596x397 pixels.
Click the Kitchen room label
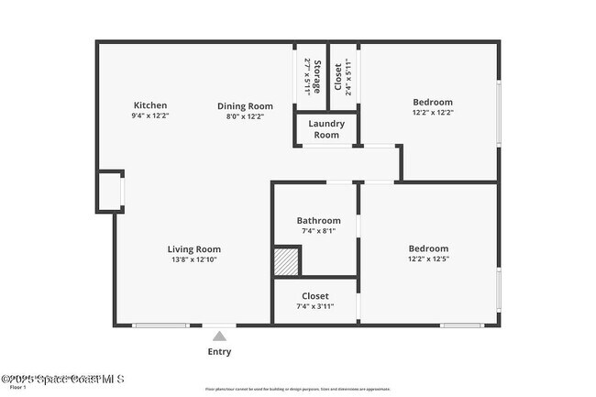coord(150,105)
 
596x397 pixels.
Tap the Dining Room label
coord(245,105)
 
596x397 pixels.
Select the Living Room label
coord(193,248)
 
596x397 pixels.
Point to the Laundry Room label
coord(326,128)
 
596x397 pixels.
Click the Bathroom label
coord(318,220)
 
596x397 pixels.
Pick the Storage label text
coord(317,77)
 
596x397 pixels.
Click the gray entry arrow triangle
coord(219,336)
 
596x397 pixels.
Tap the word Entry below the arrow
coord(219,352)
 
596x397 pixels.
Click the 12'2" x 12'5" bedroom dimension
coord(428,259)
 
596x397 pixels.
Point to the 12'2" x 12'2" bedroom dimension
coord(433,113)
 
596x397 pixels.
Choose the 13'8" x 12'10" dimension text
coord(193,259)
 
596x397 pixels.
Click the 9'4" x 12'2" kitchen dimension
coord(150,116)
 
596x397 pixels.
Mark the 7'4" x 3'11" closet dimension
coord(315,306)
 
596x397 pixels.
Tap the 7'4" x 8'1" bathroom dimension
coord(318,231)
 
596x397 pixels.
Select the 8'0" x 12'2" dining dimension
coord(245,116)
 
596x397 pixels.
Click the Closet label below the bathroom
coord(315,296)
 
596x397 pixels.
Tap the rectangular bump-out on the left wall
coord(110,191)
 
